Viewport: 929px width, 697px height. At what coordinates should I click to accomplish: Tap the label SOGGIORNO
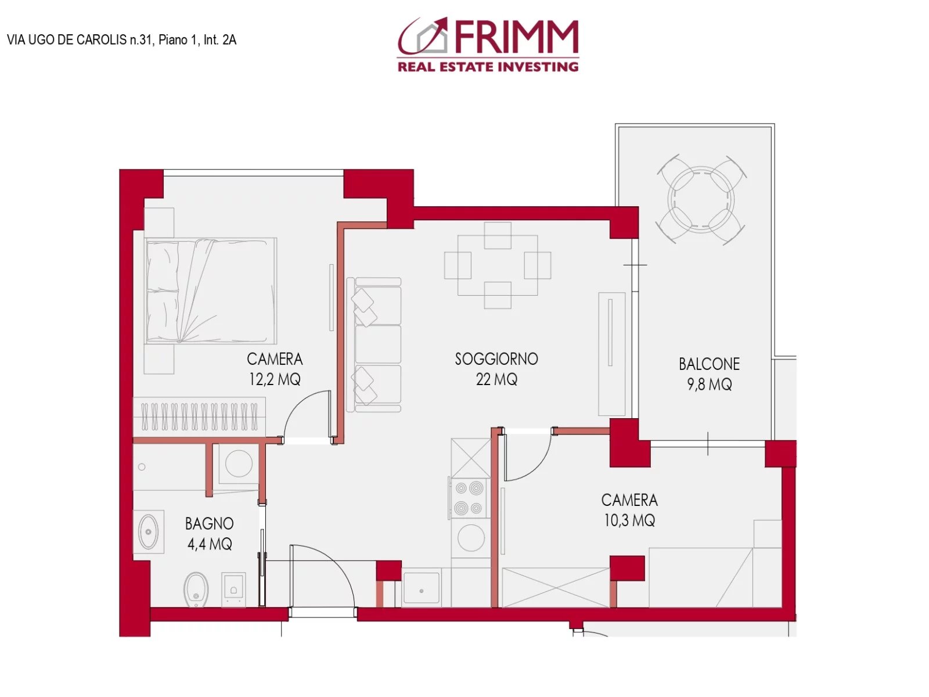496,359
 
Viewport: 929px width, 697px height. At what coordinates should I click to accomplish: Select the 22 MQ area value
496,379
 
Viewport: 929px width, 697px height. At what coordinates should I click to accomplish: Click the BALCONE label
709,364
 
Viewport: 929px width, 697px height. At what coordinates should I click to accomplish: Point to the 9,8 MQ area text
709,385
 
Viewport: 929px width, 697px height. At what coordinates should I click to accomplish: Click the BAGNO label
209,524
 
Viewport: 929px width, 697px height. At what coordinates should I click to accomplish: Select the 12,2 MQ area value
275,379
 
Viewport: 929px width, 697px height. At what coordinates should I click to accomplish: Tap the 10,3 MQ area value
629,520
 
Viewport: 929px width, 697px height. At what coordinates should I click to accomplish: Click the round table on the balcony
701,199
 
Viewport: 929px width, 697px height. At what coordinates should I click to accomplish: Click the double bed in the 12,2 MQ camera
211,290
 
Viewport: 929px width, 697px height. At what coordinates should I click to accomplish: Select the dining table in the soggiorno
498,265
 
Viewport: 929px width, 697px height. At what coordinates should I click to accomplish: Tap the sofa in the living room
376,345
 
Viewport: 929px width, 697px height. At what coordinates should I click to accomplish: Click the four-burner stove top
469,498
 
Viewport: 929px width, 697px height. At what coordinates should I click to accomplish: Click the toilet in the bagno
196,589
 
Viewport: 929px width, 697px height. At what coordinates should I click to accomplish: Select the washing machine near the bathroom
238,464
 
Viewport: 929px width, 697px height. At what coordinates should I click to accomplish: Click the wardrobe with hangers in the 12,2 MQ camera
199,416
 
